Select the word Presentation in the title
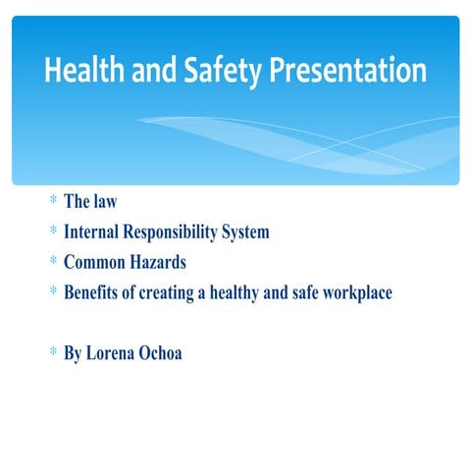click(348, 72)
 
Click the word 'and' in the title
click(147, 72)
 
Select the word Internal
click(93, 233)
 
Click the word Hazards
click(158, 263)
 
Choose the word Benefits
click(96, 292)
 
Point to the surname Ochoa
click(163, 353)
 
